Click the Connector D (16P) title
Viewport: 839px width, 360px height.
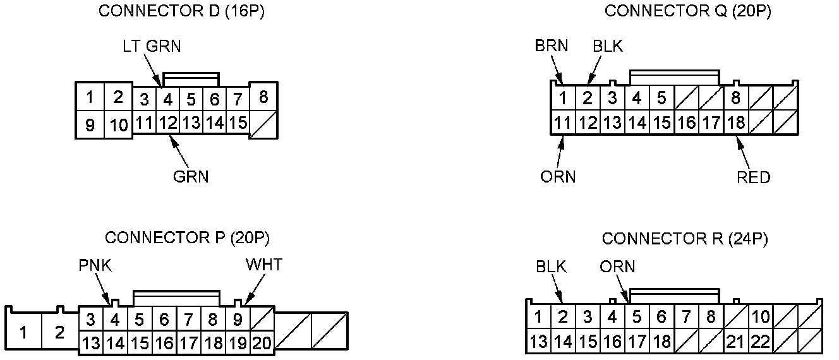181,12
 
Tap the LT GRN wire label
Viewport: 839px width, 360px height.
152,47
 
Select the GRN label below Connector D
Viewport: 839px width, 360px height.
191,177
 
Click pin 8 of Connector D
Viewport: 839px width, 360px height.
263,97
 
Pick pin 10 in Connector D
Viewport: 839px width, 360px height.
118,125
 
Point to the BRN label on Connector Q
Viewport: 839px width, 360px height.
551,45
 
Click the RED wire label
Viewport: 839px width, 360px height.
754,177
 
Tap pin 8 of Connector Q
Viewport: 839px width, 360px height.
736,99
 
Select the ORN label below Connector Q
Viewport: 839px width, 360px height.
558,177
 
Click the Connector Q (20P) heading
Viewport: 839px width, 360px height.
687,11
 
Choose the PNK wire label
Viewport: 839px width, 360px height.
95,265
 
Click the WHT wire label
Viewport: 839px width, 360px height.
263,265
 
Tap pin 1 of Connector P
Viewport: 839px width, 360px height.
24,332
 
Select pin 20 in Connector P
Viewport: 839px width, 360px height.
261,344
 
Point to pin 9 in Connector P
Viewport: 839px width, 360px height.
238,320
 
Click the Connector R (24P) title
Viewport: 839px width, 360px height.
685,239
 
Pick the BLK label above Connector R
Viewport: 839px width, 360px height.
551,267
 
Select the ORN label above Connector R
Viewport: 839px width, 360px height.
617,267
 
